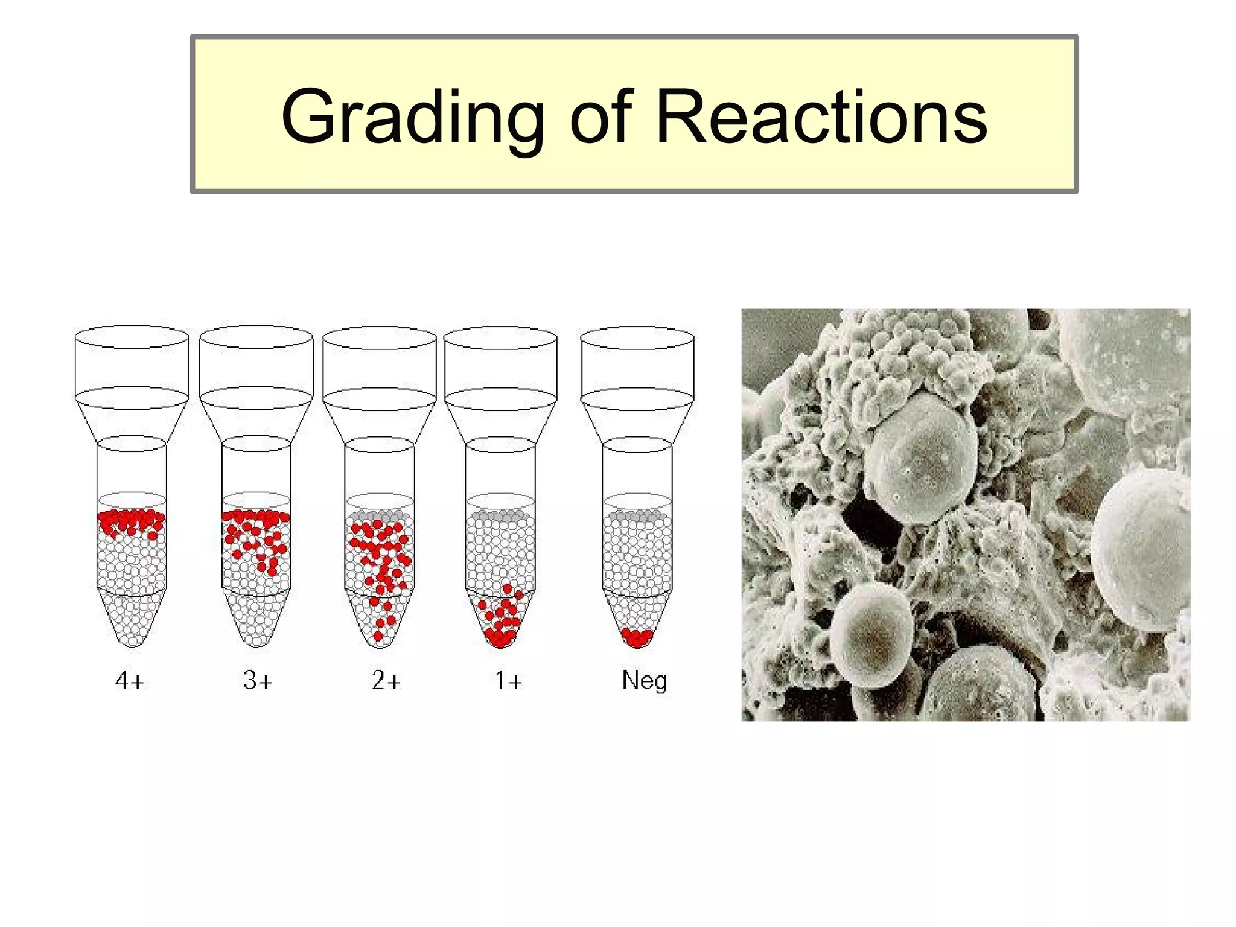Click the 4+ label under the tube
(130, 681)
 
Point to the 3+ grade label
(258, 681)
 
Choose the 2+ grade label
(386, 681)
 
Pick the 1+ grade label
(508, 681)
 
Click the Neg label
(645, 681)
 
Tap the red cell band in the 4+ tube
(132, 521)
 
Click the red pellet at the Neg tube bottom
(638, 637)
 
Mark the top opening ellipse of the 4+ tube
(132, 337)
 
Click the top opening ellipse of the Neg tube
(637, 338)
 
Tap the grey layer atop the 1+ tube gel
(500, 516)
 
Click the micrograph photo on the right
(966, 515)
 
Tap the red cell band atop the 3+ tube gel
(256, 517)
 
